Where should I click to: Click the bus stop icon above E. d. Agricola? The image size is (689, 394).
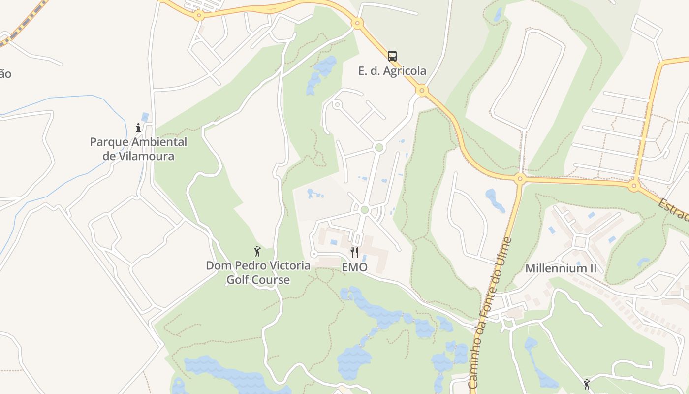tap(392, 56)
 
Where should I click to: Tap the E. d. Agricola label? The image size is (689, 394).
tap(392, 71)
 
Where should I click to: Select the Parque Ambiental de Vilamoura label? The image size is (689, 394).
tap(138, 149)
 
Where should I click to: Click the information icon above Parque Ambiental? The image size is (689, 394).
tap(138, 128)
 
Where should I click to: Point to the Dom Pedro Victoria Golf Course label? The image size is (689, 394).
tap(258, 273)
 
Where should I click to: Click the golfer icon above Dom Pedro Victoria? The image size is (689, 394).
tap(257, 252)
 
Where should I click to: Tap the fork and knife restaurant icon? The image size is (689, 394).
tap(354, 253)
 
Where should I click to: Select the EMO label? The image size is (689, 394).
tap(354, 267)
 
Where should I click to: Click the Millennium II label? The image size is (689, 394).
tap(561, 268)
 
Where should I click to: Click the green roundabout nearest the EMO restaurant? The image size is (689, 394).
tap(364, 210)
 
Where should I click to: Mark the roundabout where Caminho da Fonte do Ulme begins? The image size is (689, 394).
tap(520, 179)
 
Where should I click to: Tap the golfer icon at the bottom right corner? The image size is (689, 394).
tap(586, 384)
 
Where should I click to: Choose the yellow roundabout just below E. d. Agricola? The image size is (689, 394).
tap(421, 91)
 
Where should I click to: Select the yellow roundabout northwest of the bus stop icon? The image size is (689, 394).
tap(358, 23)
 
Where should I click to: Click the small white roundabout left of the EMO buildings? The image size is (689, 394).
tap(313, 254)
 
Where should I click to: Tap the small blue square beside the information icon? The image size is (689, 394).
tap(145, 117)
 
